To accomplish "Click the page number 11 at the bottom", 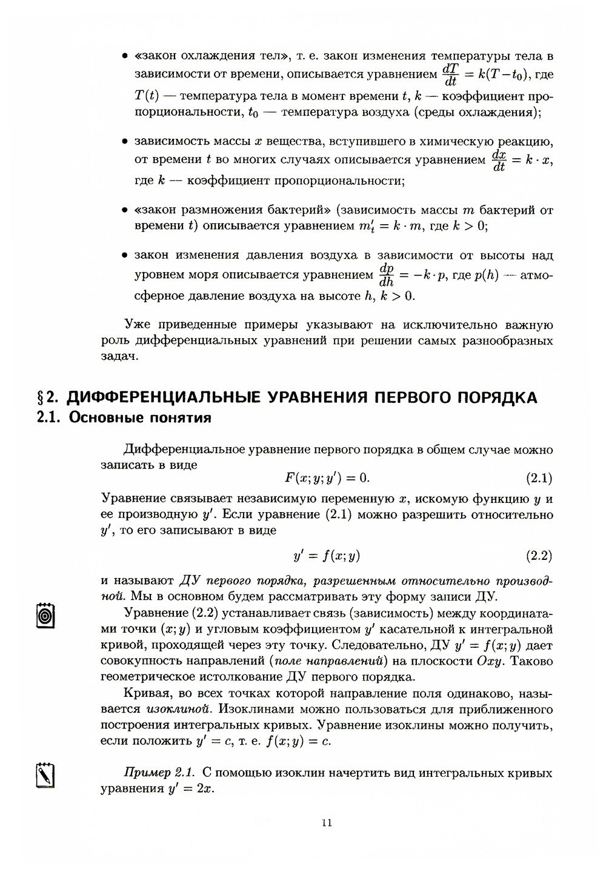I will tap(327, 822).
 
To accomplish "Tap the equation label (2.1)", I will tap(539, 479).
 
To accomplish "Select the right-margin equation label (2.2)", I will tap(539, 556).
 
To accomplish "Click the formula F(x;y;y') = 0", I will tap(327, 479).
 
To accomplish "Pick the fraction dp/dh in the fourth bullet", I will tap(386, 275).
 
